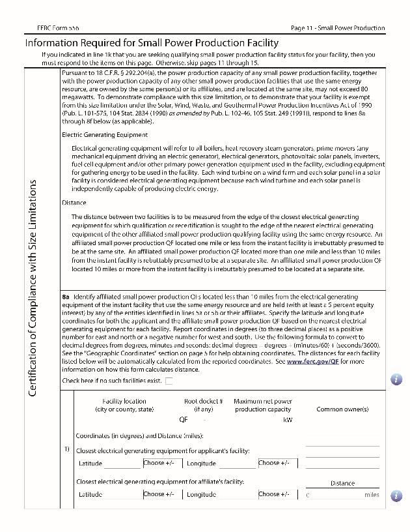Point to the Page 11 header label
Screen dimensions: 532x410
pyautogui.click(x=338, y=28)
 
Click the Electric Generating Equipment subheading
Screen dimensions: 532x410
pyautogui.click(x=104, y=135)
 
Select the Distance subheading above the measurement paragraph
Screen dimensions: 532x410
pyautogui.click(x=74, y=203)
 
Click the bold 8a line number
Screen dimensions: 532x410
pyautogui.click(x=66, y=297)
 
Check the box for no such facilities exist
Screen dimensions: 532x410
pyautogui.click(x=169, y=381)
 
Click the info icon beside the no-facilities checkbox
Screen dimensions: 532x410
pyautogui.click(x=396, y=379)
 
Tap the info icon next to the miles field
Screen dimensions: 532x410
pyautogui.click(x=396, y=495)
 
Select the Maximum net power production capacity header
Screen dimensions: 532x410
pyautogui.click(x=263, y=406)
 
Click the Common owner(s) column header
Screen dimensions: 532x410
pyautogui.click(x=342, y=409)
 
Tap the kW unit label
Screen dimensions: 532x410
pyautogui.click(x=288, y=420)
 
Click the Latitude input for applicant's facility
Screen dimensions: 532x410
pyautogui.click(x=122, y=464)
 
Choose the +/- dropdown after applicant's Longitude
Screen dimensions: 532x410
pyautogui.click(x=277, y=463)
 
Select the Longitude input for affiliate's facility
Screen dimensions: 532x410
pyautogui.click(x=237, y=494)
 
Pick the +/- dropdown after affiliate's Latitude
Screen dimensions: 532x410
pyautogui.click(x=162, y=494)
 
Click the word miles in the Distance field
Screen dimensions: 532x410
pyautogui.click(x=372, y=495)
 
